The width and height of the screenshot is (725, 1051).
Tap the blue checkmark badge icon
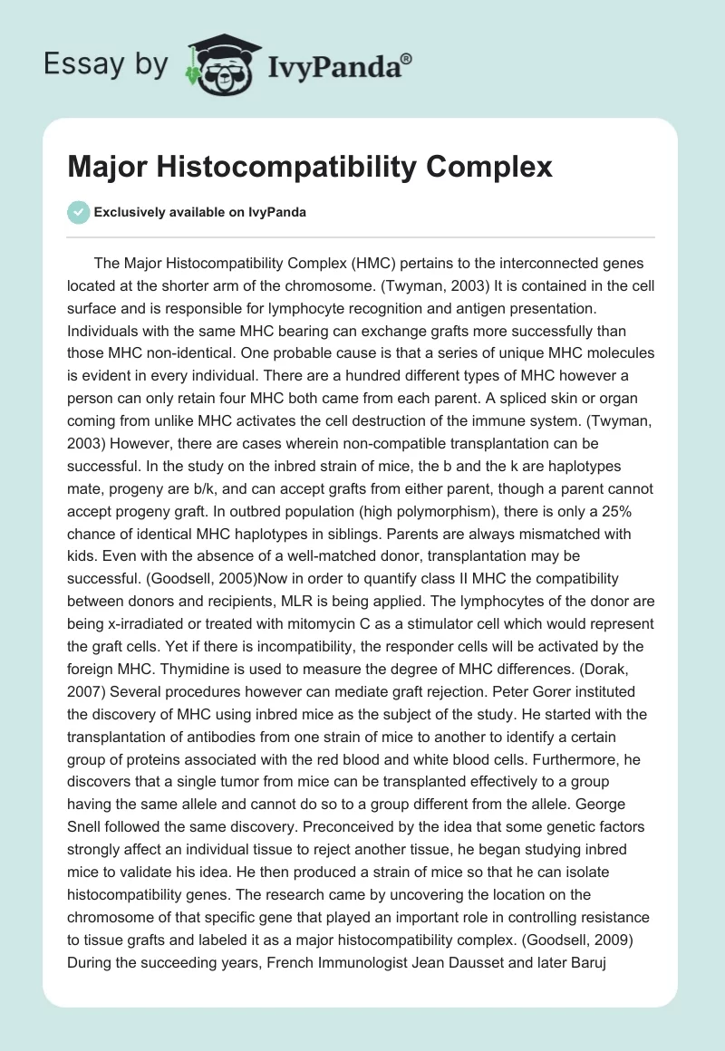(77, 212)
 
